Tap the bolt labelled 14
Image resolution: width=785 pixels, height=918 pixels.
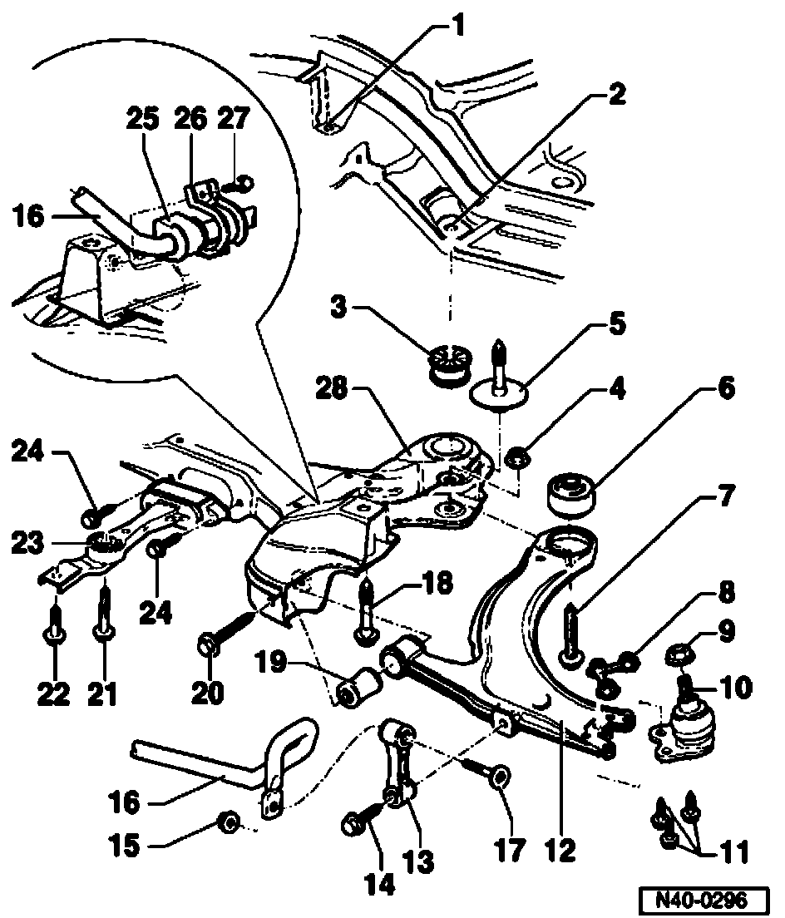click(353, 825)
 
